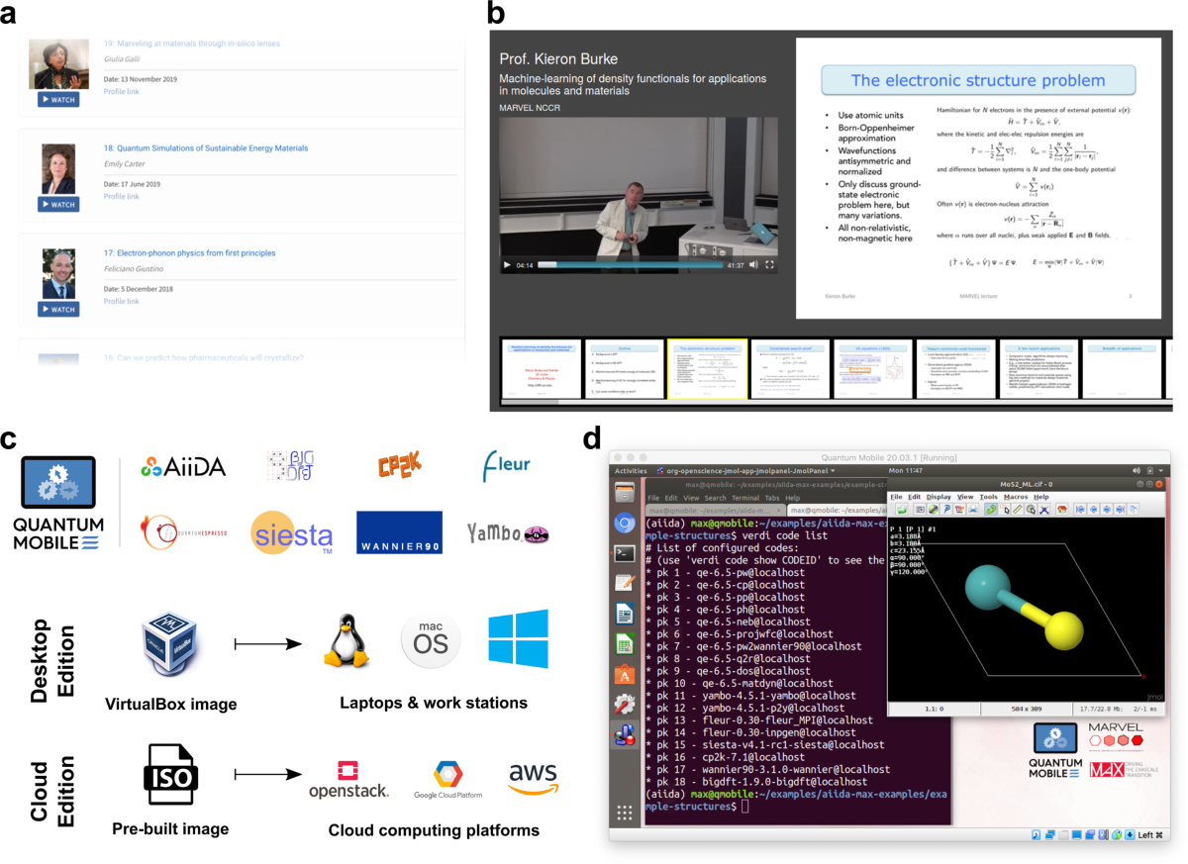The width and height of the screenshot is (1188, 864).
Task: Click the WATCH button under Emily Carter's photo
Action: [x=57, y=205]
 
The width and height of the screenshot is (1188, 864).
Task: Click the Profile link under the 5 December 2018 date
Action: [x=121, y=301]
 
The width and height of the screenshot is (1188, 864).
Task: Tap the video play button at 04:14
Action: [x=508, y=264]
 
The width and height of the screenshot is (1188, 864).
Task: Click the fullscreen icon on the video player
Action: [x=769, y=264]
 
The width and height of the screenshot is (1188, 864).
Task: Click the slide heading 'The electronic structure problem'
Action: [x=978, y=81]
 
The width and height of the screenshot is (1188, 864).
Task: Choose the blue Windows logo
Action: [x=518, y=638]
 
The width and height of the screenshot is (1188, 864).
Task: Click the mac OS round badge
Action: [x=431, y=642]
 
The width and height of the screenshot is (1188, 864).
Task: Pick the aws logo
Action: [x=534, y=778]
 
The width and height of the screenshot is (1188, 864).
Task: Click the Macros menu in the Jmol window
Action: [x=1016, y=496]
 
